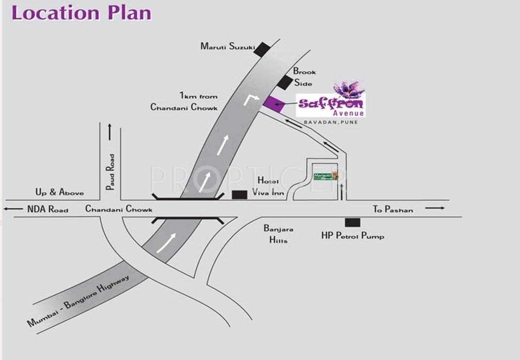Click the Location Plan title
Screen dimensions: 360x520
point(81,12)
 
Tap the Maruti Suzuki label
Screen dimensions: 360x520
point(227,46)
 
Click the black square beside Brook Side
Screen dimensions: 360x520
point(284,82)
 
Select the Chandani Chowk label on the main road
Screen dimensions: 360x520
point(119,209)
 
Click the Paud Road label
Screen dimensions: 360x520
point(110,172)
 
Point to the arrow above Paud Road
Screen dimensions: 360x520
point(110,132)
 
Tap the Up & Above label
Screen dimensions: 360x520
point(59,192)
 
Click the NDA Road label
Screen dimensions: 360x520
point(48,209)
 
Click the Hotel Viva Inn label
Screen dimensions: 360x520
point(268,187)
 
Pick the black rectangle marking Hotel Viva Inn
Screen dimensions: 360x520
point(239,195)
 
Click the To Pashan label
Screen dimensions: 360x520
point(393,209)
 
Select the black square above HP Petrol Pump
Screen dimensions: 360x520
point(353,223)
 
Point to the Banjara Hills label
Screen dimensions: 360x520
point(279,233)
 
